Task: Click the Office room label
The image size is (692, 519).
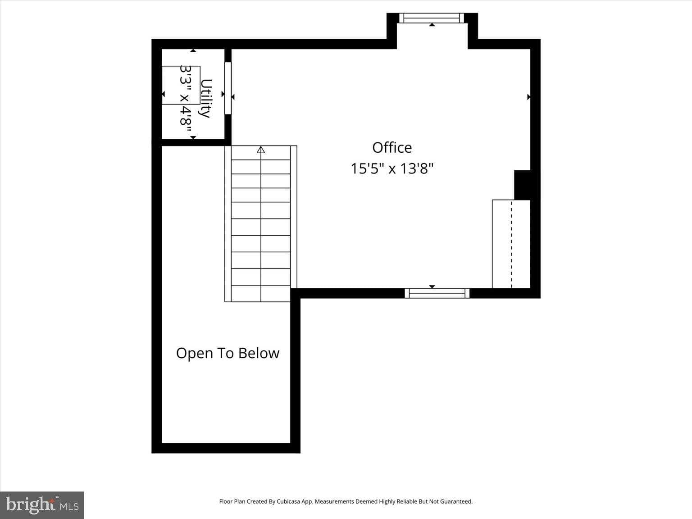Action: click(392, 148)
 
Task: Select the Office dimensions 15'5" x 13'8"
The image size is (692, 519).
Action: click(392, 169)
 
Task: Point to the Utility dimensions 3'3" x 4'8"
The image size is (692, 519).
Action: click(186, 96)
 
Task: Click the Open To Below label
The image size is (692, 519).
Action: click(228, 353)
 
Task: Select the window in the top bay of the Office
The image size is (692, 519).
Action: click(432, 18)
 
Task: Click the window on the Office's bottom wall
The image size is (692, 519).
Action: click(437, 293)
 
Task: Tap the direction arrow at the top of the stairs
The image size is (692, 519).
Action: click(261, 150)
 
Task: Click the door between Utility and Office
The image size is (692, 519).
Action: click(228, 88)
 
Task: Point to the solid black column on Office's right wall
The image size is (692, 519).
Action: click(522, 185)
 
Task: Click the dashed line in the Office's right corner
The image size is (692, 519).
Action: click(511, 243)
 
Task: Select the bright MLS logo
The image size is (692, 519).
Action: click(42, 505)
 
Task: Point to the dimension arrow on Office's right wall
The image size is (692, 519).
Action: click(528, 97)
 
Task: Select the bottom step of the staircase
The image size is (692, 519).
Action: click(260, 294)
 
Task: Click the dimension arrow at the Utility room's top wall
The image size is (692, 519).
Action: click(193, 51)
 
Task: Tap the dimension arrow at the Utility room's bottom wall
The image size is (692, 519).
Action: click(193, 137)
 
